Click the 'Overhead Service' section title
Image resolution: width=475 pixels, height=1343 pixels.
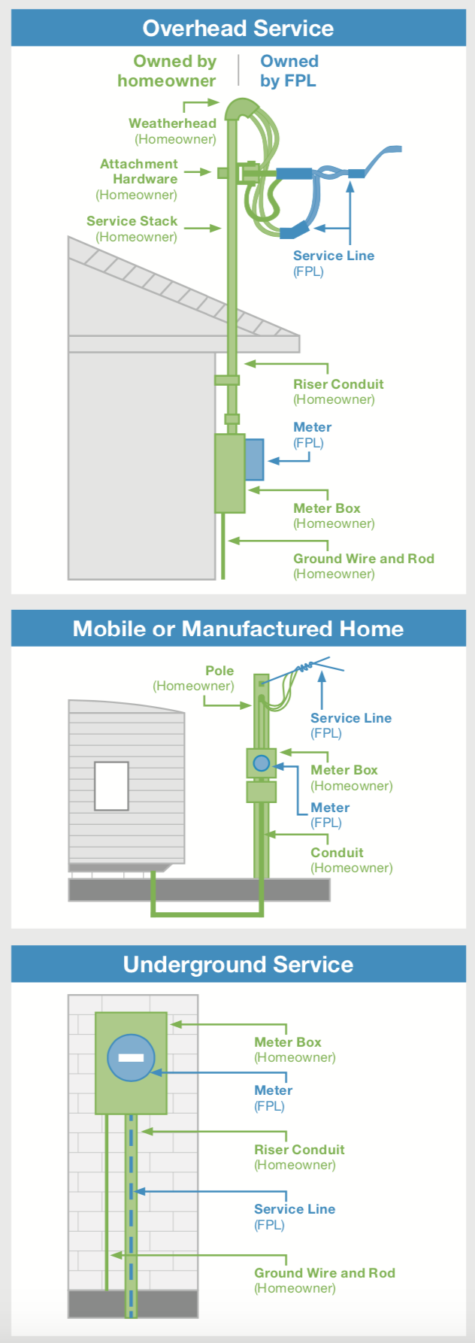[237, 29]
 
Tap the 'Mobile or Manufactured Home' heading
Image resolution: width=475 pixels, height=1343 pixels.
[237, 629]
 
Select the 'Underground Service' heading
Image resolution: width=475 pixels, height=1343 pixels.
[237, 964]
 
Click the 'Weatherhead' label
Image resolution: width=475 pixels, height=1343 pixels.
[172, 123]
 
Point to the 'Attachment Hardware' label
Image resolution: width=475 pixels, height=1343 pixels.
[139, 171]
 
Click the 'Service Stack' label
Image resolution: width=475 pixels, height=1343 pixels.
[132, 221]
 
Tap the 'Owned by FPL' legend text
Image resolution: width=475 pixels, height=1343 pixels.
[289, 71]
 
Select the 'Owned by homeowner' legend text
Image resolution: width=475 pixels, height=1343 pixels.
[167, 71]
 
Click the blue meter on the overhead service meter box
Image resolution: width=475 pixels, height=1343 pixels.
[254, 459]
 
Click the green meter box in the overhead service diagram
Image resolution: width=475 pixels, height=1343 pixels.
[229, 473]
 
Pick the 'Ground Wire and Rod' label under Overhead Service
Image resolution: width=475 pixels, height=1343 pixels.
[364, 559]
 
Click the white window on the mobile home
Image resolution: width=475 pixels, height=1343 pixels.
[111, 786]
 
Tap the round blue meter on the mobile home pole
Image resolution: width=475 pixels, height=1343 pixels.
[261, 763]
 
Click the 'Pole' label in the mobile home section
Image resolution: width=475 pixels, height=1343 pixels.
[219, 671]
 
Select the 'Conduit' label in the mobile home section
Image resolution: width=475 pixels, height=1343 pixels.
[337, 853]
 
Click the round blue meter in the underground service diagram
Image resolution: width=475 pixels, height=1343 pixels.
[131, 1057]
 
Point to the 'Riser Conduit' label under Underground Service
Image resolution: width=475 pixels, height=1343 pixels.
[299, 1150]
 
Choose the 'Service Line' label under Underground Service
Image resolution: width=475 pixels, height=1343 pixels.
[295, 1209]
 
